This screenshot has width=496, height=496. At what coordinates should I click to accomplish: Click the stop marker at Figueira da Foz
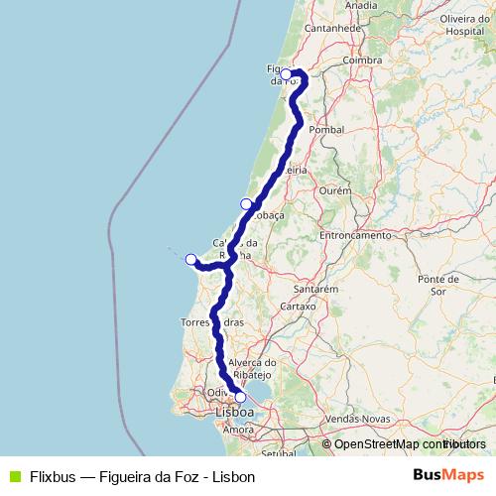coord(286,73)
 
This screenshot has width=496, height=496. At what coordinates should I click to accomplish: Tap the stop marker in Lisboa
coord(240,397)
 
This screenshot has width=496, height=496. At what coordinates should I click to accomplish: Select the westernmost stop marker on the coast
coord(191,260)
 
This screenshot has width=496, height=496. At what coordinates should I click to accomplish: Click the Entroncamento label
coord(355,236)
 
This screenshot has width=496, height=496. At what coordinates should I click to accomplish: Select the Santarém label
coord(318,288)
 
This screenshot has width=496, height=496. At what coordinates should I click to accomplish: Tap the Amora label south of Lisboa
coord(239,431)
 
